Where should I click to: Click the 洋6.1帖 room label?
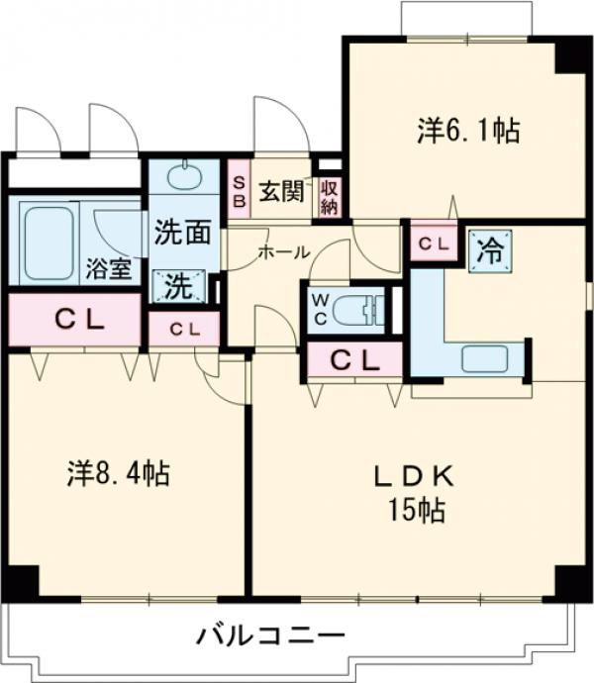tap(468, 132)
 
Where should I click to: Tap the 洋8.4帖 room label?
tap(118, 473)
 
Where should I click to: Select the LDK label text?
tap(414, 477)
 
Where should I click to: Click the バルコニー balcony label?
tap(268, 634)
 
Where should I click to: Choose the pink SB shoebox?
tap(239, 190)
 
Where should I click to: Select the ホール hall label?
tap(283, 252)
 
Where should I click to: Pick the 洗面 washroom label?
tap(181, 234)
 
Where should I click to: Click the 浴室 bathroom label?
tap(108, 269)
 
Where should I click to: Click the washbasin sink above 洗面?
tap(183, 178)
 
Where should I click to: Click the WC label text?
tap(320, 310)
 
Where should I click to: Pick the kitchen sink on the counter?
tap(484, 357)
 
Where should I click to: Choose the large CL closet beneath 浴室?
tap(74, 320)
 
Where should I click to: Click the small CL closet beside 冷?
tap(433, 242)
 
